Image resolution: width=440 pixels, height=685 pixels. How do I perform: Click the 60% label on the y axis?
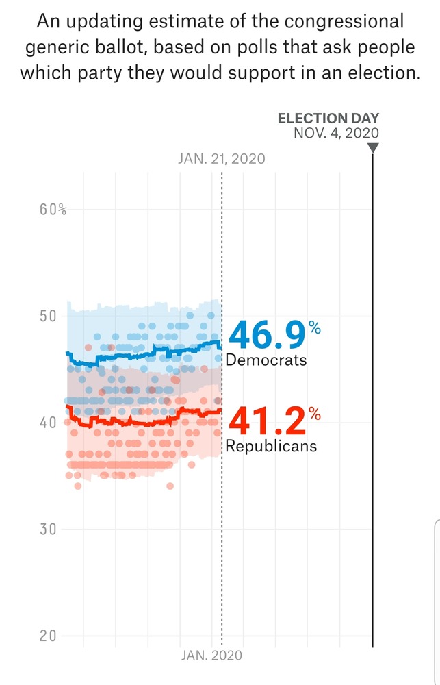coord(53,210)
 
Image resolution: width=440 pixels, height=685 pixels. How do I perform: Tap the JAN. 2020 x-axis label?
coord(211,656)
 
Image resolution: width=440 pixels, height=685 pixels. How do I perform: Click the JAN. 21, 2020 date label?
coord(220,159)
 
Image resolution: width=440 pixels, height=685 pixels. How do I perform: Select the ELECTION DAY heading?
coord(328,119)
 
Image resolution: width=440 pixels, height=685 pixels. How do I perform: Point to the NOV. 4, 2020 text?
coord(335,133)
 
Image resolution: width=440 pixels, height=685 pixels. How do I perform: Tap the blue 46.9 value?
coord(268,335)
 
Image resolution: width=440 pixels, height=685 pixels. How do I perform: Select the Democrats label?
coord(266,360)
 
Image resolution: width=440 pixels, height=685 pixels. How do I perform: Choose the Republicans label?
coord(272,446)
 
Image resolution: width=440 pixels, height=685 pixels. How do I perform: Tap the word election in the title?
coord(379,71)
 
